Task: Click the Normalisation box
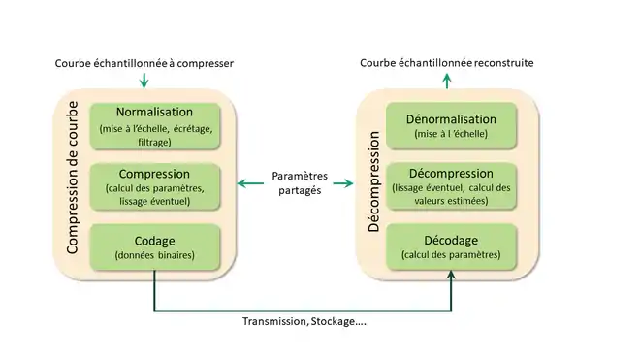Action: point(155,125)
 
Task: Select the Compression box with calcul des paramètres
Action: point(155,186)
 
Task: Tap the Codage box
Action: point(155,246)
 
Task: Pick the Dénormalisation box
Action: point(449,125)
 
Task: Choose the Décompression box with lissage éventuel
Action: point(449,186)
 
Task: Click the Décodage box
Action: point(449,246)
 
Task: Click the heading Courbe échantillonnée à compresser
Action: point(144,63)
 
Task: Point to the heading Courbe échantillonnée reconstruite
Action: point(447,63)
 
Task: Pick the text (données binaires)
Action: point(155,255)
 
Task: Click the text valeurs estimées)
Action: point(449,201)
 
